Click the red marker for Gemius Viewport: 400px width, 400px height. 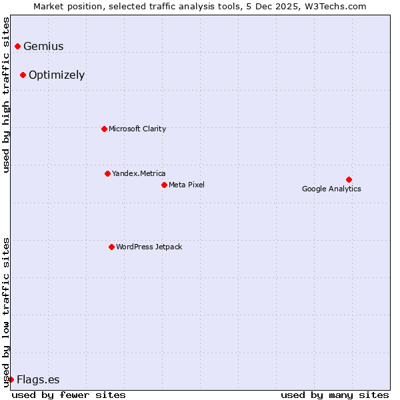pyautogui.click(x=18, y=46)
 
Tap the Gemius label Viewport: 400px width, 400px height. pyautogui.click(x=43, y=47)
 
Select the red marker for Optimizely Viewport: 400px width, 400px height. pyautogui.click(x=23, y=75)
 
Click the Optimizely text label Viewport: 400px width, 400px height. pyautogui.click(x=57, y=75)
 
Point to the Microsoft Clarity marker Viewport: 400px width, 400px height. pyautogui.click(x=104, y=129)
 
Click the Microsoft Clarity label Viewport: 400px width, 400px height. pyautogui.click(x=137, y=129)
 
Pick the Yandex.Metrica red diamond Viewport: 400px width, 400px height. pyautogui.click(x=107, y=173)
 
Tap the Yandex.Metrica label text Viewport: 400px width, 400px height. pyautogui.click(x=139, y=174)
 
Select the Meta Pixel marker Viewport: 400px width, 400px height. pyautogui.click(x=164, y=185)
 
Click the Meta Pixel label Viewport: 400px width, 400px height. pyautogui.click(x=187, y=185)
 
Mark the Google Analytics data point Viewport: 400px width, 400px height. pyautogui.click(x=349, y=179)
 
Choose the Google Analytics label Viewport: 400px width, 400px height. pyautogui.click(x=331, y=189)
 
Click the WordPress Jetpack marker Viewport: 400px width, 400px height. pyautogui.click(x=111, y=247)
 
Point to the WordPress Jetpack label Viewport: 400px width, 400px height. pyautogui.click(x=149, y=247)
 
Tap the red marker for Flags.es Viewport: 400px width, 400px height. pyautogui.click(x=11, y=379)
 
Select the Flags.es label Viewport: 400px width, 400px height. pyautogui.click(x=38, y=380)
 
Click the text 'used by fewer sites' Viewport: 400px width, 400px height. pyautogui.click(x=69, y=395)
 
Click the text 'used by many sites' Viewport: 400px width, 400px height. pyautogui.click(x=335, y=395)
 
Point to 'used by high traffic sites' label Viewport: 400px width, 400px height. pyautogui.click(x=6, y=95)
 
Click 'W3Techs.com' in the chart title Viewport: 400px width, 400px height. pyautogui.click(x=337, y=7)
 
